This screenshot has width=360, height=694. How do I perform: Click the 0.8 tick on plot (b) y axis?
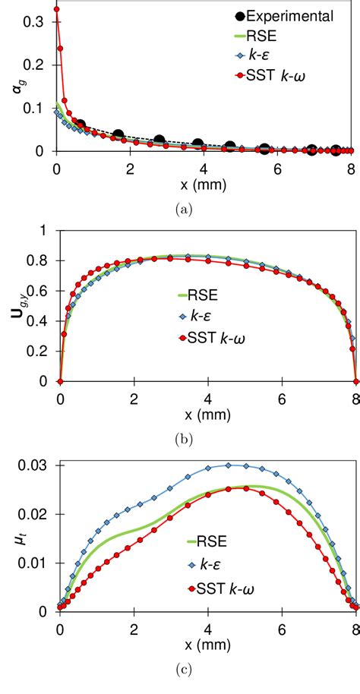coord(35,260)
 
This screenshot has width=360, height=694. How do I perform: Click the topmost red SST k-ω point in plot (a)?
coord(56,10)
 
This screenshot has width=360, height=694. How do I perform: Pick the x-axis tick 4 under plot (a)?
coord(207,167)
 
